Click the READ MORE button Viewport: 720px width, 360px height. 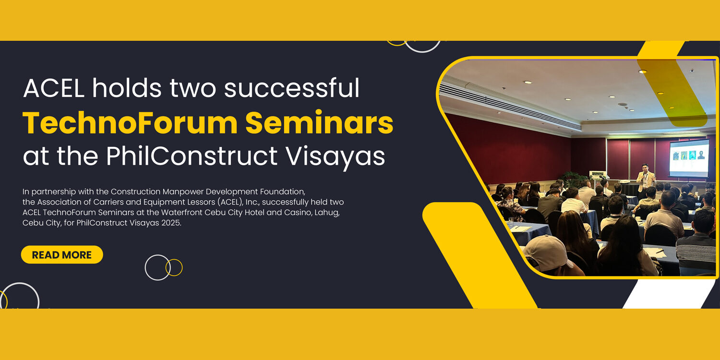(62, 254)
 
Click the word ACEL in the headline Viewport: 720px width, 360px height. (54, 88)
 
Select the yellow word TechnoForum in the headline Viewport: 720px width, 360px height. (130, 122)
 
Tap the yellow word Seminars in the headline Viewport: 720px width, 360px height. (319, 122)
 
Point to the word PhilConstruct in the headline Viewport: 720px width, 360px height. (192, 156)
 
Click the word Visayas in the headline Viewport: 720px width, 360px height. (335, 158)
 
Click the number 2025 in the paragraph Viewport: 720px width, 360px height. (171, 223)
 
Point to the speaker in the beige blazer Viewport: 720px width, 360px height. (645, 181)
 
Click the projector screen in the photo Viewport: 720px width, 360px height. (689, 158)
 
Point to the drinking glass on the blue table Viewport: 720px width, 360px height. (511, 222)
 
